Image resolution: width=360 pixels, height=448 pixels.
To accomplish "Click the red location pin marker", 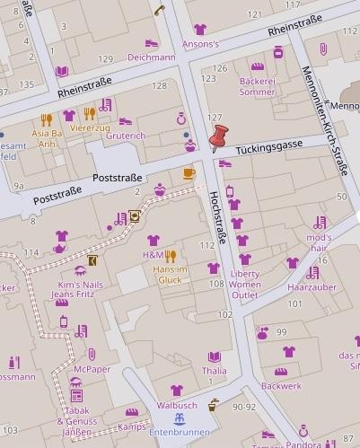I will coord(217,139).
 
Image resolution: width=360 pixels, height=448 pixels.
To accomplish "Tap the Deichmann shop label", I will coord(151,57).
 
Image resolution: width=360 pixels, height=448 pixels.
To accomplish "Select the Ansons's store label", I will coord(199,43).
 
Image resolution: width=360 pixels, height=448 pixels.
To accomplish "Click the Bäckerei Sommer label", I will coord(258,86).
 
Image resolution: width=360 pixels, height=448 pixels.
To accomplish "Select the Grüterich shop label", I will coord(126,136).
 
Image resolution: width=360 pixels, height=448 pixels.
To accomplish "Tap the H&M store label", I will coord(153,255).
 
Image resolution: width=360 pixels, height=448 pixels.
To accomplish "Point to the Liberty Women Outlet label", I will coord(245,284).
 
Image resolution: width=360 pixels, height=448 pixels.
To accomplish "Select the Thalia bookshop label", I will coord(215,370).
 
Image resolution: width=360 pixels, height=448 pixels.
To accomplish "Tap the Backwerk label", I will coord(282,385).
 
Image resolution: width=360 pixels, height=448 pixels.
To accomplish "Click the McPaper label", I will coord(92,369).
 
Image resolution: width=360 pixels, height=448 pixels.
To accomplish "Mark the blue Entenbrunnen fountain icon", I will coord(180,418).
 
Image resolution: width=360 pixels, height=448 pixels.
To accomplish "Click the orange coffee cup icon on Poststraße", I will coord(189,172).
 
